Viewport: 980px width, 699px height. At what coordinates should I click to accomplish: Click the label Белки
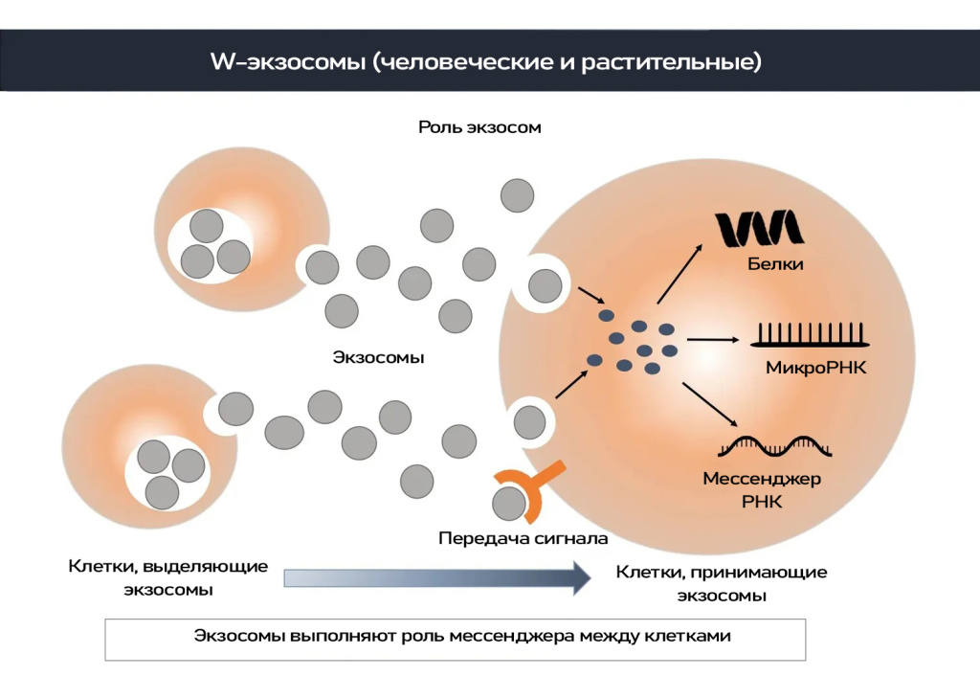click(775, 263)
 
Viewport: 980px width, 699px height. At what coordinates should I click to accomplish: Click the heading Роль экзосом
click(479, 127)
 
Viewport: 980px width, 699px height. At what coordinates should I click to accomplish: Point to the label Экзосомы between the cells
click(378, 358)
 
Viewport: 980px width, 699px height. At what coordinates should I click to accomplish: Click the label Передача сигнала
click(523, 538)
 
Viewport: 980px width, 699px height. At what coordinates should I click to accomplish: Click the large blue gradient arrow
click(436, 577)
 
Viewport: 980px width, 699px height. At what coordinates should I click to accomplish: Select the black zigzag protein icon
click(761, 228)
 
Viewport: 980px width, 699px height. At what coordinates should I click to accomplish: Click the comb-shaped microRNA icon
click(810, 335)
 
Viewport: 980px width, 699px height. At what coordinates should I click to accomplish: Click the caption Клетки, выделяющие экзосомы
click(167, 577)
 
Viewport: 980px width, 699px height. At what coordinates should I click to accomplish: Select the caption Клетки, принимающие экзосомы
click(721, 583)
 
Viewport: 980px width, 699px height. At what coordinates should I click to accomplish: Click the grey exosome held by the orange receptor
click(508, 502)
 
